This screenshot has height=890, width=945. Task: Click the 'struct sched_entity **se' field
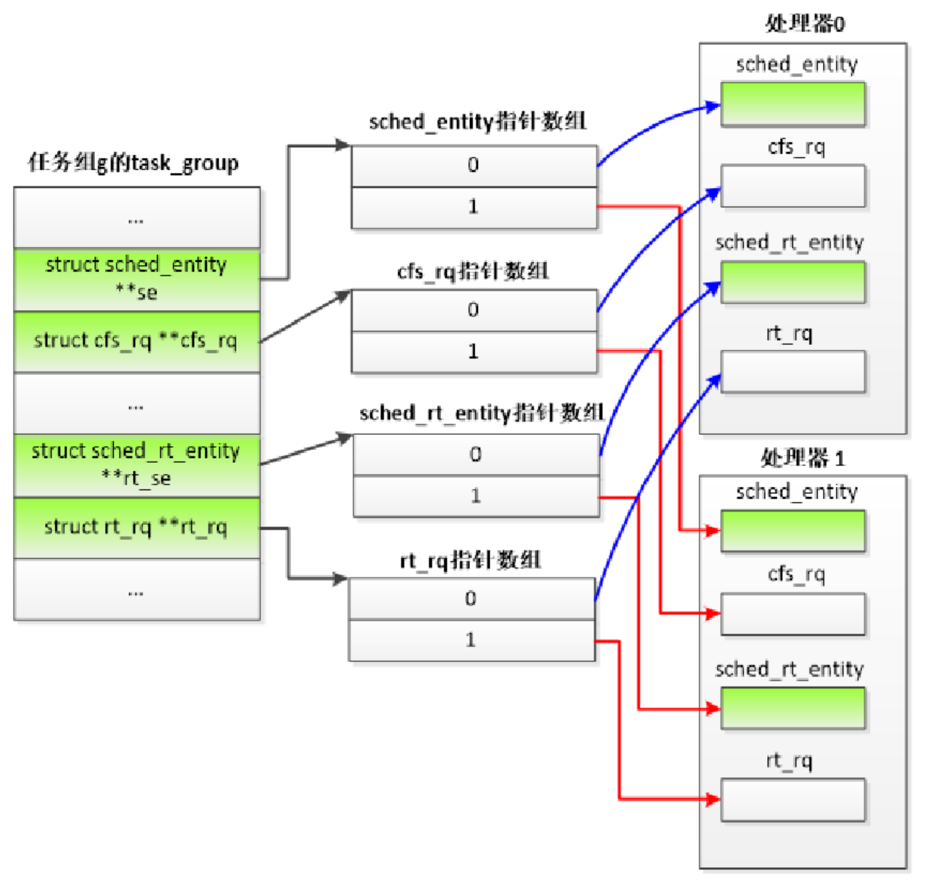[x=136, y=279]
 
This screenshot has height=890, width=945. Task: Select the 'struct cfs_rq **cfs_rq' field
[x=136, y=341]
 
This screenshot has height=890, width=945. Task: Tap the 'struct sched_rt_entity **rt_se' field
[x=136, y=464]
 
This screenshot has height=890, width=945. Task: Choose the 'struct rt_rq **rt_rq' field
[x=136, y=527]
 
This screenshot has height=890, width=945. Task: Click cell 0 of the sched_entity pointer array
[x=474, y=166]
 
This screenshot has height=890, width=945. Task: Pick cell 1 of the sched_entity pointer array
[x=474, y=207]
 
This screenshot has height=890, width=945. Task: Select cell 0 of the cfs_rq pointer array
[x=474, y=310]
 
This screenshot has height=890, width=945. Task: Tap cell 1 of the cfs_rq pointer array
[x=474, y=351]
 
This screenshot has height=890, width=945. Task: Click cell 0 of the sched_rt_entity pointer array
[x=476, y=454]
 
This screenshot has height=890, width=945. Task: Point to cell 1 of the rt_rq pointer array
[x=471, y=640]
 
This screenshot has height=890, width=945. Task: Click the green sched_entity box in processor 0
[x=792, y=104]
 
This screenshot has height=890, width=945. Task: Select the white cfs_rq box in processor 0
[x=792, y=186]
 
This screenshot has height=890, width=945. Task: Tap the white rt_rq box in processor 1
[x=792, y=799]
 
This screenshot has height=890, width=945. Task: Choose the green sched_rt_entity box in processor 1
[x=792, y=708]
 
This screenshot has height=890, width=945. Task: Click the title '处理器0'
[x=804, y=24]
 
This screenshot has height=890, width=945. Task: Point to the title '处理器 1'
[x=803, y=458]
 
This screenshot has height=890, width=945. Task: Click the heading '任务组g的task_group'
[x=134, y=163]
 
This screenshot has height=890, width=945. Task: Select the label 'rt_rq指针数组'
[x=470, y=560]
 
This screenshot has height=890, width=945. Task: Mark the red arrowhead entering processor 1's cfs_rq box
[x=712, y=613]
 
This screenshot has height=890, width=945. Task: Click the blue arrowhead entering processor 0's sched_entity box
[x=712, y=107]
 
